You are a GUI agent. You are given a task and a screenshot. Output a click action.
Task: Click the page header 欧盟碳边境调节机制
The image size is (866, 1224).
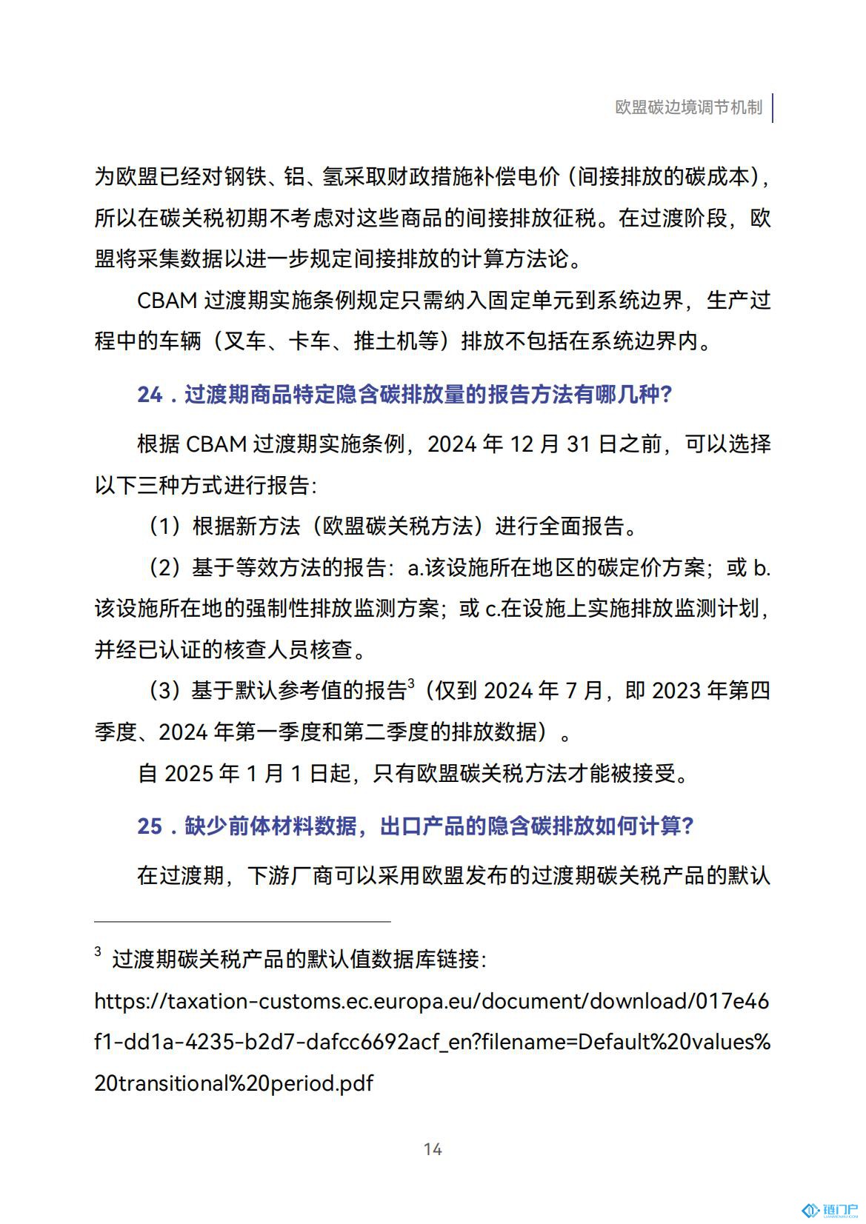click(688, 107)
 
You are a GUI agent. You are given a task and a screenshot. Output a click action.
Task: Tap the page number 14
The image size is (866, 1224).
click(433, 1148)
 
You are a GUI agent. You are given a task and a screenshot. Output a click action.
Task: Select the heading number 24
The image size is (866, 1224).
click(150, 395)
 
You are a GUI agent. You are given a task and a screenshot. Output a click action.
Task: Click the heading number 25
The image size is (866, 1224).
click(150, 826)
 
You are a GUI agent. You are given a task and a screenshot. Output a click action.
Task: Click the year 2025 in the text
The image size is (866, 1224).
click(190, 773)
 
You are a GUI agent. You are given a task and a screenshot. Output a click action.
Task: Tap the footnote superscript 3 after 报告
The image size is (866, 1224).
click(410, 683)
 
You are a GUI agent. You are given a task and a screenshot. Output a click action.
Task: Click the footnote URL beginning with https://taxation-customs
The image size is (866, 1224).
click(431, 1001)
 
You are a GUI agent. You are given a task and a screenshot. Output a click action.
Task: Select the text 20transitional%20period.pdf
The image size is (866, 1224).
click(234, 1083)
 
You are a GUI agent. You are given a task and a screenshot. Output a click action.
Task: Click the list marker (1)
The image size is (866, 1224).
click(164, 526)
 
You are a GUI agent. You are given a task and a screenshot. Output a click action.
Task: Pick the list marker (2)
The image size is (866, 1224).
click(164, 568)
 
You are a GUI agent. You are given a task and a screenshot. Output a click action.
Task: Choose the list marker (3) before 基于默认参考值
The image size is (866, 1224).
click(164, 691)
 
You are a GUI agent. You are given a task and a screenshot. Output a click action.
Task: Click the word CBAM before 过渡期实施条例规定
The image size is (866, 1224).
click(167, 301)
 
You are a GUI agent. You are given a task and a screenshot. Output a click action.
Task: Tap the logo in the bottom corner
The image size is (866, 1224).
click(830, 1210)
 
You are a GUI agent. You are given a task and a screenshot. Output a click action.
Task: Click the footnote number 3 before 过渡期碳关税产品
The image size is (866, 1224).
click(98, 952)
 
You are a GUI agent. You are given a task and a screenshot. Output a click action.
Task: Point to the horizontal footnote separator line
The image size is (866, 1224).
click(242, 922)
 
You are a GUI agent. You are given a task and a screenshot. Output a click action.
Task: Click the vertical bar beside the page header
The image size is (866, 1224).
click(773, 107)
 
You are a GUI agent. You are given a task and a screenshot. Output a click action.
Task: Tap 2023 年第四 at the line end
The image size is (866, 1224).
click(711, 691)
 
